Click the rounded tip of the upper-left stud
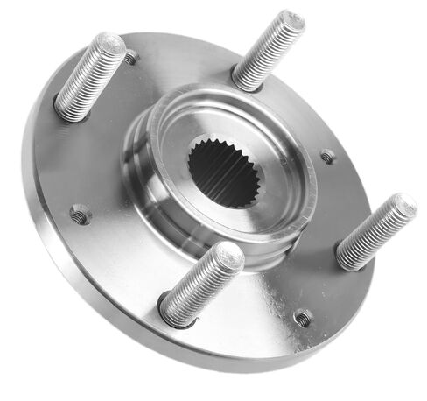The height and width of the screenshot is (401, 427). pyautogui.click(x=110, y=44)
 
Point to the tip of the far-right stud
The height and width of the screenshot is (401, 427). pyautogui.click(x=403, y=207)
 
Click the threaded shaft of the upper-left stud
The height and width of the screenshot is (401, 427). pyautogui.click(x=88, y=76)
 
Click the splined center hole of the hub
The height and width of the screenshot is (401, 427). pyautogui.click(x=222, y=171)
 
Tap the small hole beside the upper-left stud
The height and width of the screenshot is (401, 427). pyautogui.click(x=131, y=58)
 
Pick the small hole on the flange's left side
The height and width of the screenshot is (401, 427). pyautogui.click(x=80, y=213)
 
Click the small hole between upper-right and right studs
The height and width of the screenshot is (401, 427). pyautogui.click(x=328, y=156)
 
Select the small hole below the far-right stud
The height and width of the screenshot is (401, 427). pyautogui.click(x=302, y=318)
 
